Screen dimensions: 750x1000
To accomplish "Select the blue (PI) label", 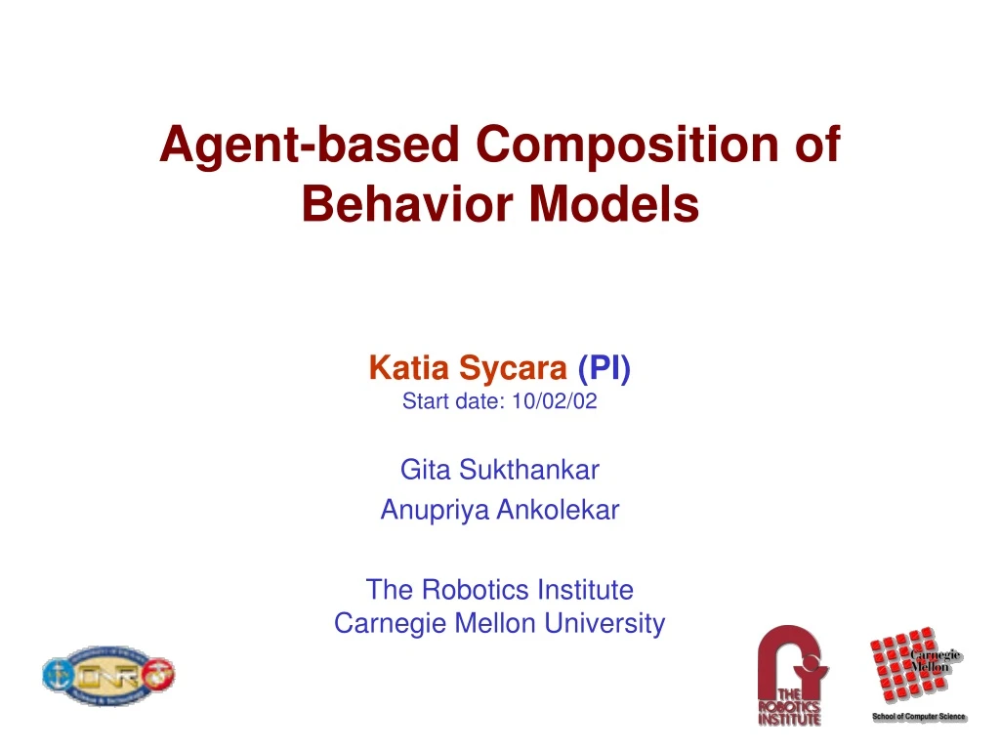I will (x=604, y=368).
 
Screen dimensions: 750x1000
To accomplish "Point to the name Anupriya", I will (x=426, y=510).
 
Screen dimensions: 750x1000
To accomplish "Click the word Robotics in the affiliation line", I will (x=466, y=590).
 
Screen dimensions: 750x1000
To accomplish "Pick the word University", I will (x=605, y=623).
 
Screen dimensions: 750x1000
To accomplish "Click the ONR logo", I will (x=107, y=674).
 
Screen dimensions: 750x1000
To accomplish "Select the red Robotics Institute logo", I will (x=792, y=675).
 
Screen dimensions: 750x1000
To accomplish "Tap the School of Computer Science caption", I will (x=918, y=717).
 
